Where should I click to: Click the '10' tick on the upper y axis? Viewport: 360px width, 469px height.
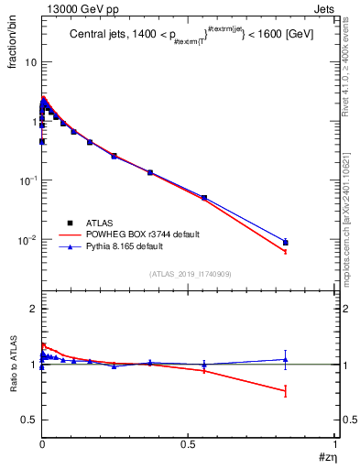click(x=30, y=62)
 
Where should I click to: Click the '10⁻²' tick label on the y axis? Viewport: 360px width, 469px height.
click(x=27, y=240)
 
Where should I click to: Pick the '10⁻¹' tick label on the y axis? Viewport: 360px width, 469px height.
click(x=27, y=180)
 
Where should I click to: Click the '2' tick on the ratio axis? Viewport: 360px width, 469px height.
click(x=32, y=310)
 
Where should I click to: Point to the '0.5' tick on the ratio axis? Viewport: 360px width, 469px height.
click(x=28, y=420)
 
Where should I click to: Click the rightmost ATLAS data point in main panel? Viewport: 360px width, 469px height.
click(x=286, y=243)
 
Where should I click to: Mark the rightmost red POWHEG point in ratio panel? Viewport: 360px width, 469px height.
click(x=286, y=391)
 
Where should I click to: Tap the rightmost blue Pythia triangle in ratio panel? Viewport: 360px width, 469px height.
click(x=286, y=359)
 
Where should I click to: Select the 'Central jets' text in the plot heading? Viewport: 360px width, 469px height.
click(x=100, y=35)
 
